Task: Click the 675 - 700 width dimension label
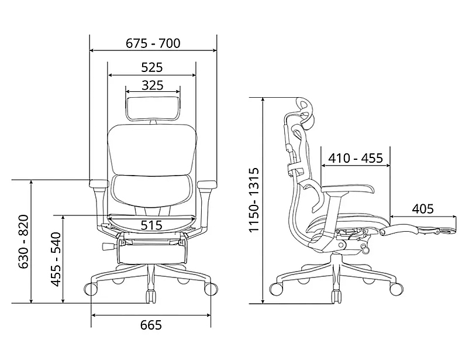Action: (153, 43)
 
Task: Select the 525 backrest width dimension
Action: (151, 67)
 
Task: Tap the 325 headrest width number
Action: (152, 85)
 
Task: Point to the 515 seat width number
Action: (151, 225)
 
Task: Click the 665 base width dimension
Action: (151, 325)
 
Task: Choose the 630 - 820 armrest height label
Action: (23, 242)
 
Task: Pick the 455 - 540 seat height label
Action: (56, 259)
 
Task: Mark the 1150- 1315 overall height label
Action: (254, 200)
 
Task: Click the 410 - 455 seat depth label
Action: (356, 158)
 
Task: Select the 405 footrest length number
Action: (423, 209)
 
